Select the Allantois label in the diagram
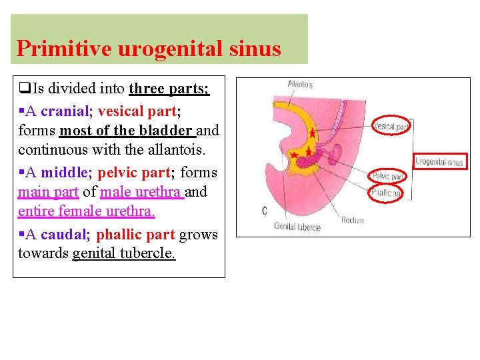tap(299, 85)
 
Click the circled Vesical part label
tap(391, 126)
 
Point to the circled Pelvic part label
tap(387, 177)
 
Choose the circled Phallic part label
tap(387, 193)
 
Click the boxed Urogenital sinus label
tap(439, 161)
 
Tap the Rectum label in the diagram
tap(353, 220)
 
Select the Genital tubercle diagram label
tap(297, 227)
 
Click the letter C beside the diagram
tap(265, 211)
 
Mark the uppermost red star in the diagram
tap(312, 134)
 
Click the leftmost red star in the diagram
tap(295, 155)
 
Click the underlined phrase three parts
tap(169, 89)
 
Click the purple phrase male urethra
tap(141, 193)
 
